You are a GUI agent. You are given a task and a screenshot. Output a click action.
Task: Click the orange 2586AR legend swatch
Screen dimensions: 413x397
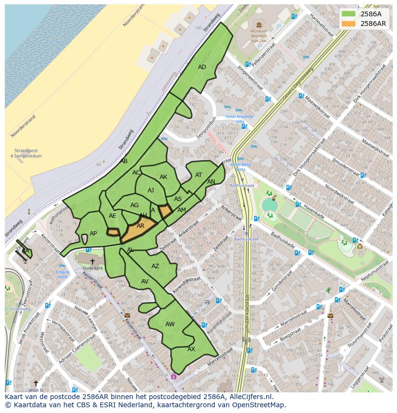349,24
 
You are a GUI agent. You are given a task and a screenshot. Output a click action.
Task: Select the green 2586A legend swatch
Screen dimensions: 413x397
349,14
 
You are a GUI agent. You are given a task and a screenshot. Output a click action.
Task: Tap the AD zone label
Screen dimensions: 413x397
202,67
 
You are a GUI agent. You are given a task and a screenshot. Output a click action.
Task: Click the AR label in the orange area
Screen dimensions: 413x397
140,226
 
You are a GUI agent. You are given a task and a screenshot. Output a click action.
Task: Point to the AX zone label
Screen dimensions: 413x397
191,349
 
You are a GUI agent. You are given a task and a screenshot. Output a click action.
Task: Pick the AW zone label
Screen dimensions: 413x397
170,324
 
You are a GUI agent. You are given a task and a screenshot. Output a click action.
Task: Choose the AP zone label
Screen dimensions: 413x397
93,234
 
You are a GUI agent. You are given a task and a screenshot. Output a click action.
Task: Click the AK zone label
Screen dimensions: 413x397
163,177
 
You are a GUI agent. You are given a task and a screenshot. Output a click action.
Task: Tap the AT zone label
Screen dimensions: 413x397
198,175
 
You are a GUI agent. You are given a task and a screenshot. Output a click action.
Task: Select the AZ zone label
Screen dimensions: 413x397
155,266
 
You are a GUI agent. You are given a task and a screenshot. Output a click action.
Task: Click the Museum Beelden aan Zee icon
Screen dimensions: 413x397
259,25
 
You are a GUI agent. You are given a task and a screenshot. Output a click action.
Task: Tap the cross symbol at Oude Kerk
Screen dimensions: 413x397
92,261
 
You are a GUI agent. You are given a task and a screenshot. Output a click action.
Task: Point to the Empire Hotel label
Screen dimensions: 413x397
62,274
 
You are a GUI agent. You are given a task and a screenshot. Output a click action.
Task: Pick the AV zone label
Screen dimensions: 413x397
145,282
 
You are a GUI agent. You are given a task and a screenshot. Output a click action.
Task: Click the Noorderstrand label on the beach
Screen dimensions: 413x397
23,126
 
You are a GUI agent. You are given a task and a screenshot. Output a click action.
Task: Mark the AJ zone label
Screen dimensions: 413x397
151,190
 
